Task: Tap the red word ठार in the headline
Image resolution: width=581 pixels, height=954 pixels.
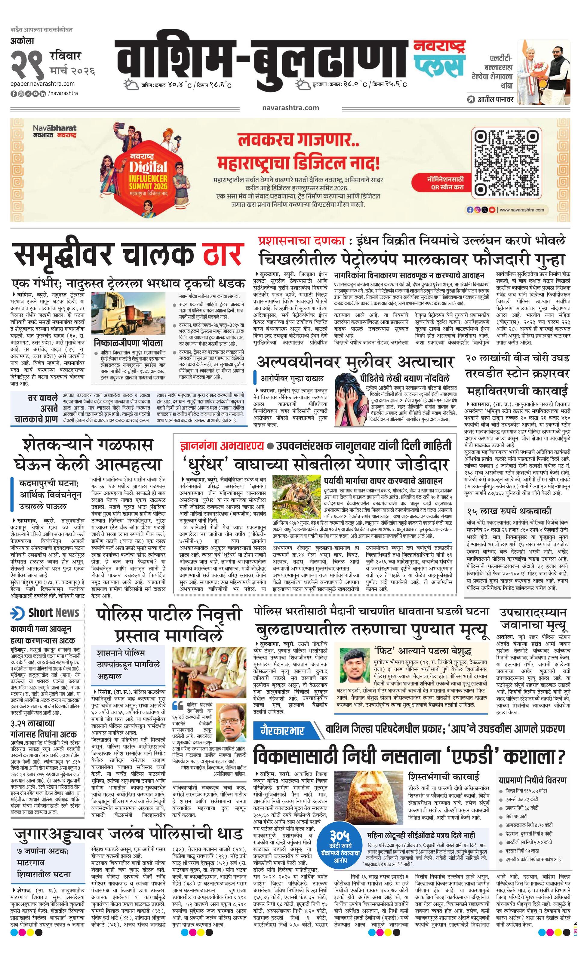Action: (223, 255)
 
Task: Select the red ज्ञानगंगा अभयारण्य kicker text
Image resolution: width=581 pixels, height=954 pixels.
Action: (222, 446)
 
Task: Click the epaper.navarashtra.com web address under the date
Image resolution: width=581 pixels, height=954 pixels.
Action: (43, 84)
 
